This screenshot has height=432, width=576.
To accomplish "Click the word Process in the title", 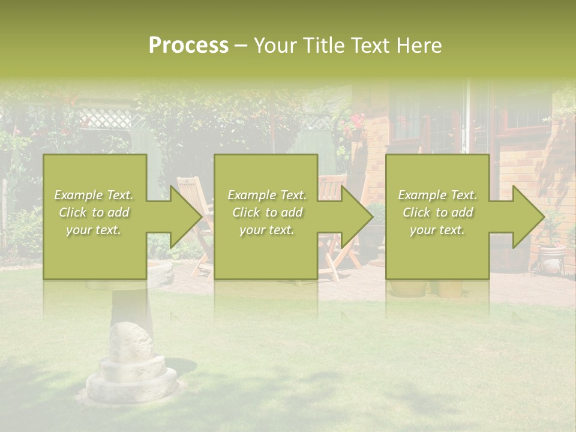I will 188,45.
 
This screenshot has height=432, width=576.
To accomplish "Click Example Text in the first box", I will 94,195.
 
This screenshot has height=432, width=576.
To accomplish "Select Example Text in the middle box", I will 267,195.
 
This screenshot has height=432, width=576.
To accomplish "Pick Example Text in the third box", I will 437,195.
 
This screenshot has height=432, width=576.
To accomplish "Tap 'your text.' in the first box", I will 94,230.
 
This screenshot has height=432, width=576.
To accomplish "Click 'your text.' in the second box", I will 267,230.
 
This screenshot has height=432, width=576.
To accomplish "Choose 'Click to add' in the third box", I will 437,212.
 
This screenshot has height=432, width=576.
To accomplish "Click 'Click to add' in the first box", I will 94,212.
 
